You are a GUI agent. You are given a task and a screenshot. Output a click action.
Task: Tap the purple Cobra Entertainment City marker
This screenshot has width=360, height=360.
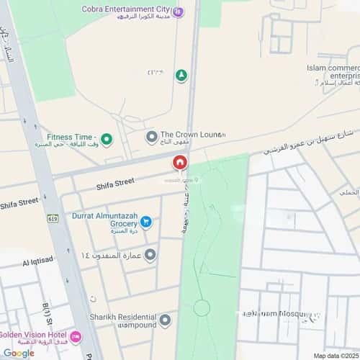pyautogui.click(x=179, y=11)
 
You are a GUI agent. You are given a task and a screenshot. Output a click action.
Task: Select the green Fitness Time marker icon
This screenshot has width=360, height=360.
pyautogui.click(x=107, y=138)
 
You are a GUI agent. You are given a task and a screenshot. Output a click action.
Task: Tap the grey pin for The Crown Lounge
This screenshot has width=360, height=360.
pyautogui.click(x=151, y=135)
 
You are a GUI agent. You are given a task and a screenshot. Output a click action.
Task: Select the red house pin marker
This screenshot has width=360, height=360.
pyautogui.click(x=179, y=163)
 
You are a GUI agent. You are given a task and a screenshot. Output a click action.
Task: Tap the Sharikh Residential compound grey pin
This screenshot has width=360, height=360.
pyautogui.click(x=165, y=320)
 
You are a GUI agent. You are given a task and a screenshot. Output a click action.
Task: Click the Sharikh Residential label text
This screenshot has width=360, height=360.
pyautogui.click(x=123, y=320)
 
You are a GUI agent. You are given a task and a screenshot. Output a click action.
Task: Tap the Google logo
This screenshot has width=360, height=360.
pyautogui.click(x=18, y=352)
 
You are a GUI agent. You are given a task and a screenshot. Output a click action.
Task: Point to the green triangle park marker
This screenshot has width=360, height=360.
pyautogui.click(x=181, y=75)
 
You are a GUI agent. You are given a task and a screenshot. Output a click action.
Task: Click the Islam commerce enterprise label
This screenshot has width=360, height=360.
pyautogui.click(x=332, y=73)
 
